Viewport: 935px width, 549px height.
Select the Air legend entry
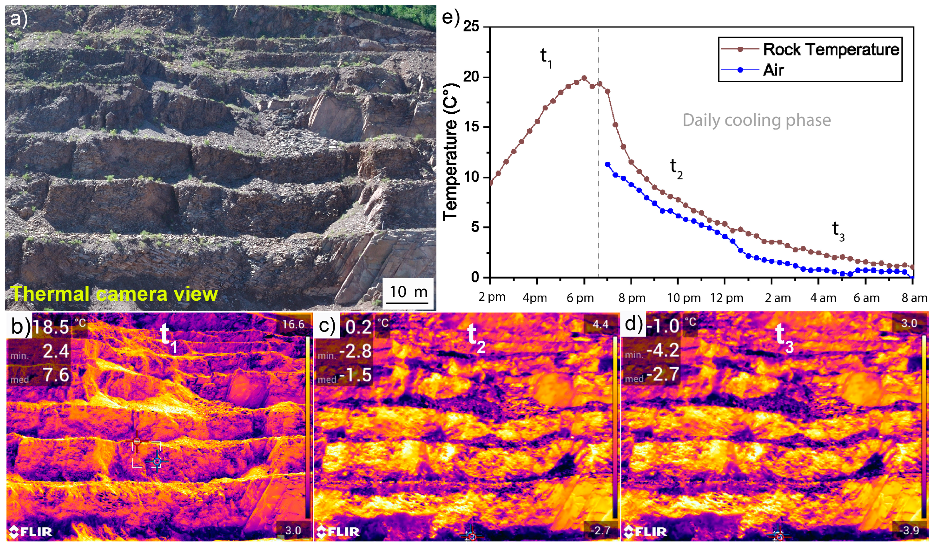point(773,70)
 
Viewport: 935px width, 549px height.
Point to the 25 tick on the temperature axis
point(471,27)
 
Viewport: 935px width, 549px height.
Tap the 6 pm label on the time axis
point(580,298)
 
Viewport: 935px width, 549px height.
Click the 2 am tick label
point(778,298)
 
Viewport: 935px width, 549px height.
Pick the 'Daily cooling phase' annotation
point(757,120)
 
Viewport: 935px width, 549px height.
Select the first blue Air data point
point(607,164)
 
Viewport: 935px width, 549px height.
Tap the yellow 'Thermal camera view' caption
point(114,294)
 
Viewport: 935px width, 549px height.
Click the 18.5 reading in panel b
point(51,327)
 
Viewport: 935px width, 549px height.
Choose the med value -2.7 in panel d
point(663,374)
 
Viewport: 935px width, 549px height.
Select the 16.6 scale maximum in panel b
point(293,325)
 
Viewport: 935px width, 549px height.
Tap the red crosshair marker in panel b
point(137,441)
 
